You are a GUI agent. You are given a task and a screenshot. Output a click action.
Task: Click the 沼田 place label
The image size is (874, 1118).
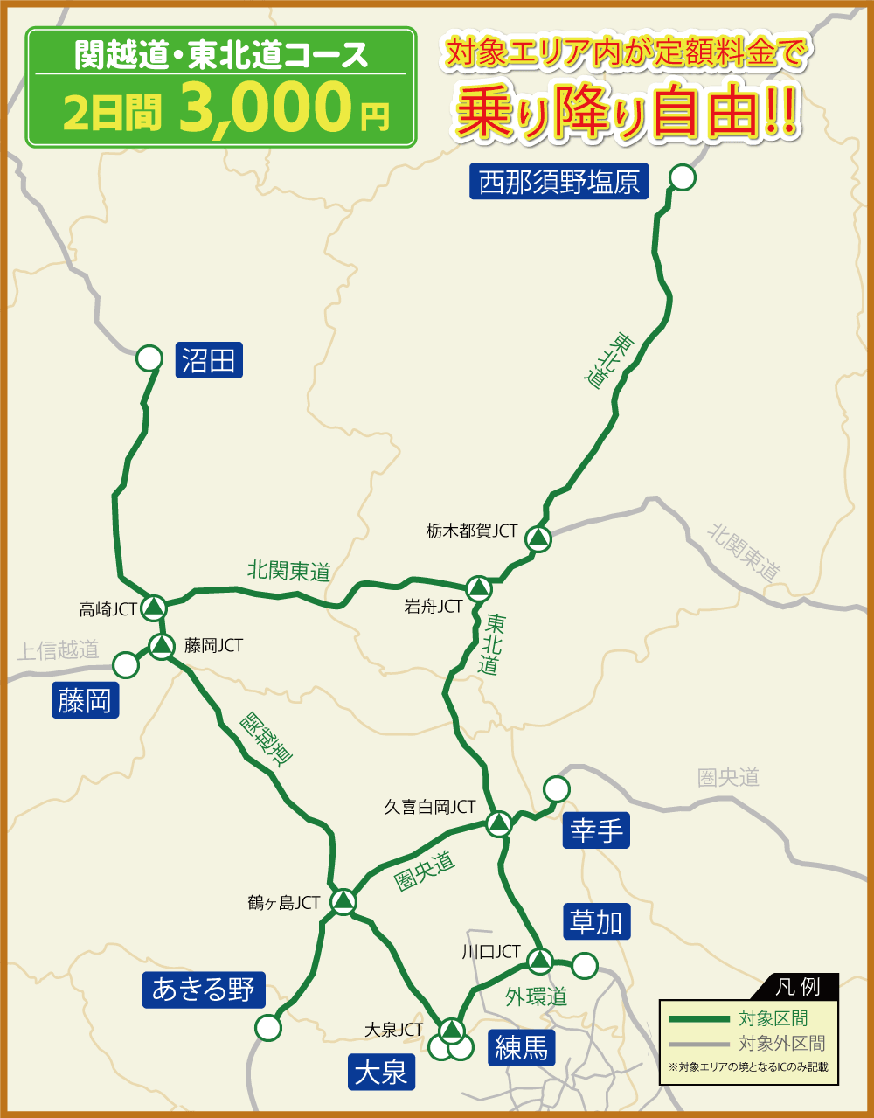pyautogui.click(x=209, y=359)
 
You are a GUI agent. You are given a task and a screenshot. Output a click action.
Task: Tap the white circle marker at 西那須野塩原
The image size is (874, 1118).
pyautogui.click(x=682, y=178)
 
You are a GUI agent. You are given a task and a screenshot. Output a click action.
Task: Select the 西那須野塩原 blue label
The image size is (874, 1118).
pyautogui.click(x=559, y=182)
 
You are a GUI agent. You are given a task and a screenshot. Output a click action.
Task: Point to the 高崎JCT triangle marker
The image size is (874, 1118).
pyautogui.click(x=155, y=605)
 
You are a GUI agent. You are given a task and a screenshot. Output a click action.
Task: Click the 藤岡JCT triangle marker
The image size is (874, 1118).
pyautogui.click(x=162, y=647)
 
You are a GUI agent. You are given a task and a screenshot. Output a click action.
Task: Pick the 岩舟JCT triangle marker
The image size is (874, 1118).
pyautogui.click(x=479, y=587)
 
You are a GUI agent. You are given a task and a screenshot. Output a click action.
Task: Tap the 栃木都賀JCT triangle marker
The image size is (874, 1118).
pyautogui.click(x=539, y=538)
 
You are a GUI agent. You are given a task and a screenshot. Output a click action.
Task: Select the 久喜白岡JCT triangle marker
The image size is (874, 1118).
pyautogui.click(x=499, y=822)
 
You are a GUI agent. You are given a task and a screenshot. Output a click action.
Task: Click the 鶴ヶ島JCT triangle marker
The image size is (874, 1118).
pyautogui.click(x=343, y=900)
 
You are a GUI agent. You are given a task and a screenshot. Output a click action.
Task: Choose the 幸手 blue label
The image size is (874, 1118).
pyautogui.click(x=596, y=830)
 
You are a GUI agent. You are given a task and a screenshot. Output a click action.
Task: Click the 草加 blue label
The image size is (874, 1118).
pyautogui.click(x=596, y=921)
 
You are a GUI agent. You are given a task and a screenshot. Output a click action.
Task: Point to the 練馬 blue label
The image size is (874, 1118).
pyautogui.click(x=521, y=1047)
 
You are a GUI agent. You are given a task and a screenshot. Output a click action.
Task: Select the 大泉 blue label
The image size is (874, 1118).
pyautogui.click(x=381, y=1072)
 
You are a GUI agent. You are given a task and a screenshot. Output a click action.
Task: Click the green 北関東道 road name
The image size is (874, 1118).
pyautogui.click(x=288, y=572)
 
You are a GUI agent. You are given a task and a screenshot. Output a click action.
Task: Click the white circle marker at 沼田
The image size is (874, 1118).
pyautogui.click(x=149, y=358)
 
